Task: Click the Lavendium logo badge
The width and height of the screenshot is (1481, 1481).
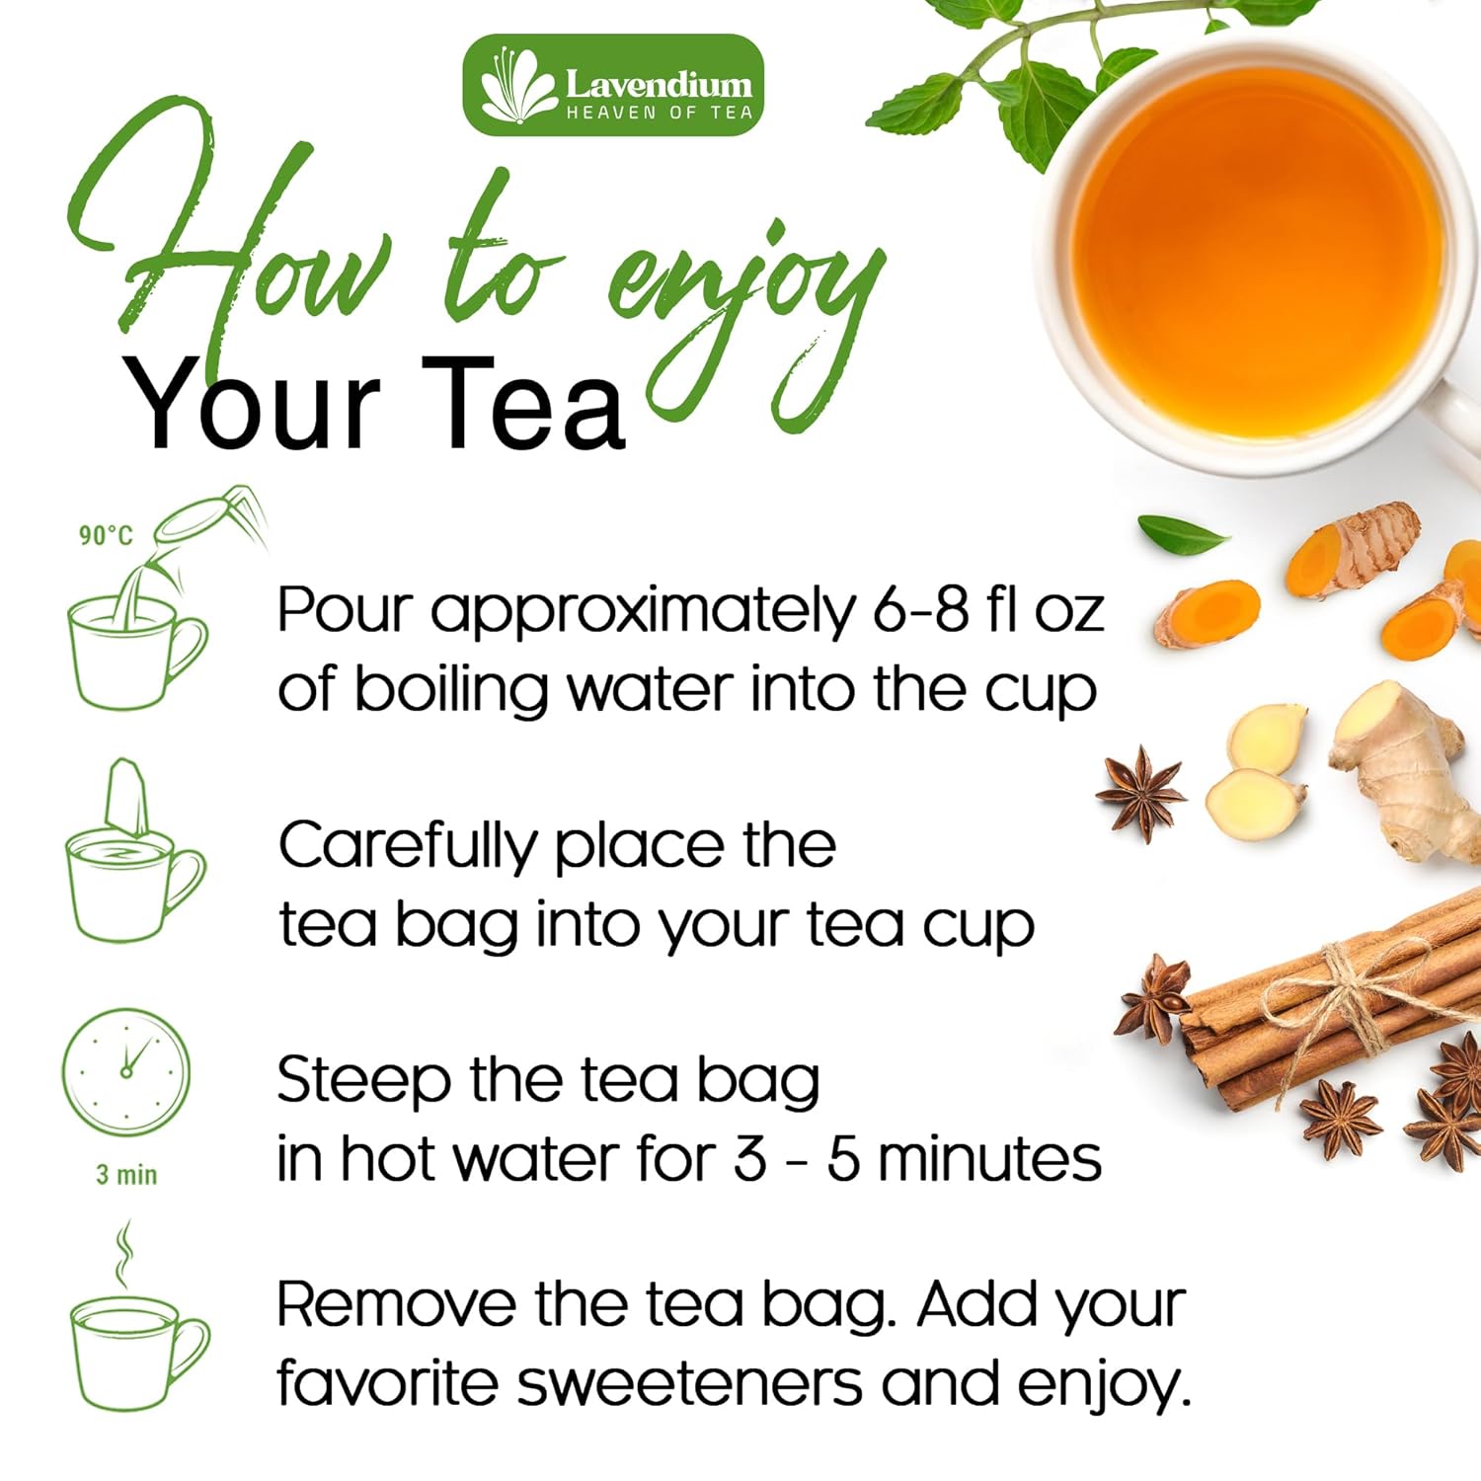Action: (613, 85)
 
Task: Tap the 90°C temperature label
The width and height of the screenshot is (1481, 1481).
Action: (106, 536)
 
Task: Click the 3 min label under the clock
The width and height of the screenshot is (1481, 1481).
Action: (126, 1175)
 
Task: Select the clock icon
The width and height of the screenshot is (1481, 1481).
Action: (125, 1071)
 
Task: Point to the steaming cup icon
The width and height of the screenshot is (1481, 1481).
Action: (138, 1343)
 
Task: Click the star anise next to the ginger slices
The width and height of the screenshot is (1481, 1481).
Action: (1142, 791)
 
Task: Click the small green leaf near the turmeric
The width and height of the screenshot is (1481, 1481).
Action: (1182, 534)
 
